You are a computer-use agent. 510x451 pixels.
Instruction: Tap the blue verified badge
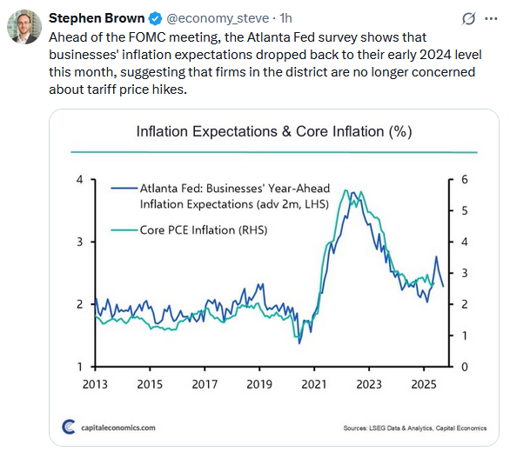click(153, 18)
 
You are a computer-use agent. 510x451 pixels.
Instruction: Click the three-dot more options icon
click(490, 18)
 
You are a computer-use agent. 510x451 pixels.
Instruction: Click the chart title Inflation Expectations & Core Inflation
click(273, 132)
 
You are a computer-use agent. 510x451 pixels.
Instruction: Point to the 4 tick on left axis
click(79, 179)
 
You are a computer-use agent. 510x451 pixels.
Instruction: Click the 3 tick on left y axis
click(79, 242)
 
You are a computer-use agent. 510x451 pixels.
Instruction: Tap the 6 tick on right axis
click(465, 179)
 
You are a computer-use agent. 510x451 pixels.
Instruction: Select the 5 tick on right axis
click(465, 210)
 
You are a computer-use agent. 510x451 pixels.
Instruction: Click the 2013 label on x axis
click(95, 383)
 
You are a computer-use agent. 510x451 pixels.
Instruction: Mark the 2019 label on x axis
click(259, 383)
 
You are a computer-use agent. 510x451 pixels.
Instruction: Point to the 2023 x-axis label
click(368, 383)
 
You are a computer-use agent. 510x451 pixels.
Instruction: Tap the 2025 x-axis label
click(423, 383)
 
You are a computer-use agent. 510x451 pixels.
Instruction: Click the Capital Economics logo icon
click(69, 427)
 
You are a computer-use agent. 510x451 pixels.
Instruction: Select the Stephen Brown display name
click(97, 18)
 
